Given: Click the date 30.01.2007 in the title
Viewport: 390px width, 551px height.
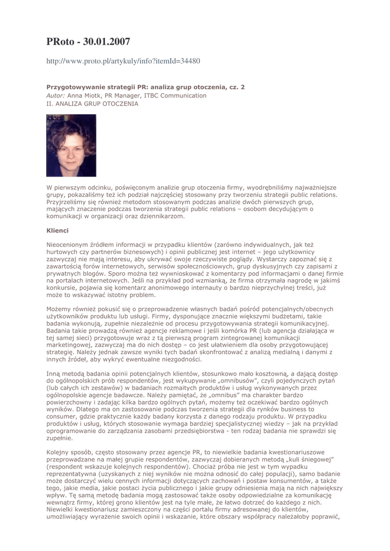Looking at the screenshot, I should click(106, 41).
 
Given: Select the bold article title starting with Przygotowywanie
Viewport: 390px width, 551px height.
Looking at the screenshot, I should click(145, 87).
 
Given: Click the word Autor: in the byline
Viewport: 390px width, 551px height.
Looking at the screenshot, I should click(56, 95).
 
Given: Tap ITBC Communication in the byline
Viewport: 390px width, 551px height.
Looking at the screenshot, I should click(175, 95).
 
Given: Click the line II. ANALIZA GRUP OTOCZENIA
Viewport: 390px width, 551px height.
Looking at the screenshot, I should click(92, 104).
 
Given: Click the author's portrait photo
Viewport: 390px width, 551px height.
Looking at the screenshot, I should click(71, 145).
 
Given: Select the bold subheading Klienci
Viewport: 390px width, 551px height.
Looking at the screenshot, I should click(58, 230).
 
